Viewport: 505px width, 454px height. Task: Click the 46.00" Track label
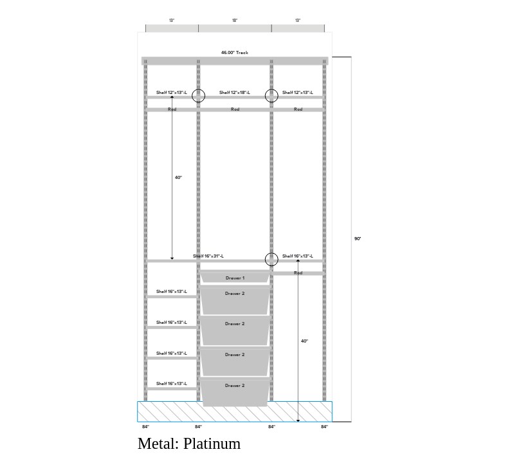[234, 53]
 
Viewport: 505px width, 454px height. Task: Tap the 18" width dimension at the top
[235, 21]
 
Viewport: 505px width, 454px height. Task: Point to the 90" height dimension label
[358, 239]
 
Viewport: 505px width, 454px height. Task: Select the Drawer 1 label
[235, 278]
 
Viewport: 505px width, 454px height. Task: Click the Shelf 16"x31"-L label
[208, 256]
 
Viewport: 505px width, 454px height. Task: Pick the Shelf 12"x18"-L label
[235, 93]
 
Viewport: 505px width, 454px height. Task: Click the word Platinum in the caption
[212, 444]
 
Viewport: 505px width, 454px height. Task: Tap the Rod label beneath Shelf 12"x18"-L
[235, 109]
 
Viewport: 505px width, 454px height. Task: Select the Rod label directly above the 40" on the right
[298, 273]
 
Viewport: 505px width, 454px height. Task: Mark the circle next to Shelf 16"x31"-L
[271, 260]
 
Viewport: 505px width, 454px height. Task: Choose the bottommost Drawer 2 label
[235, 386]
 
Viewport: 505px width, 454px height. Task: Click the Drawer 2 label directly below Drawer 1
[235, 294]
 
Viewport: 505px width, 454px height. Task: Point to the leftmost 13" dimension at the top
[172, 21]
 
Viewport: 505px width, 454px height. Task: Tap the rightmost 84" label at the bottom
[324, 427]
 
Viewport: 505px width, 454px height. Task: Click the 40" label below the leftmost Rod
[178, 178]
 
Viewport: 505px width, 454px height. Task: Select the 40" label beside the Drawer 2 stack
[304, 341]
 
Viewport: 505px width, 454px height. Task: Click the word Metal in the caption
[157, 444]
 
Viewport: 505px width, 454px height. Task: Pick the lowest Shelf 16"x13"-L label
[172, 384]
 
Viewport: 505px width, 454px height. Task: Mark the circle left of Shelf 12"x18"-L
[199, 96]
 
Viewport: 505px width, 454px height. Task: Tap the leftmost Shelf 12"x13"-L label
[172, 93]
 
